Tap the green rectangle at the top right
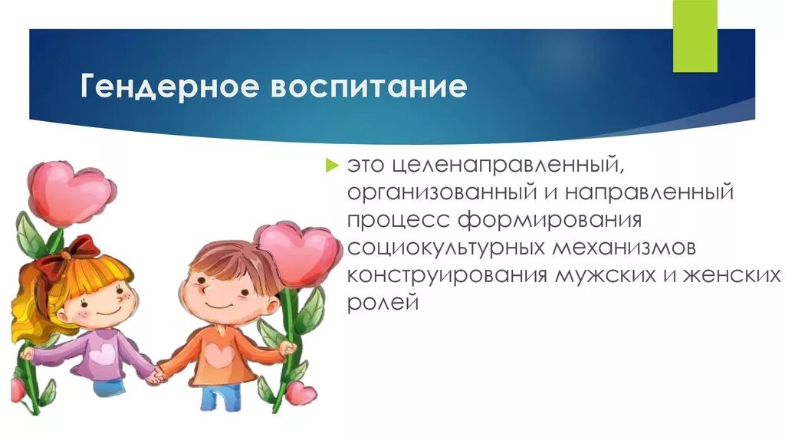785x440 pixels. (x=695, y=36)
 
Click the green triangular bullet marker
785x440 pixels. (x=331, y=163)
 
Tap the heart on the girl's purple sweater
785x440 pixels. (x=102, y=353)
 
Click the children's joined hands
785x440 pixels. (x=157, y=375)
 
